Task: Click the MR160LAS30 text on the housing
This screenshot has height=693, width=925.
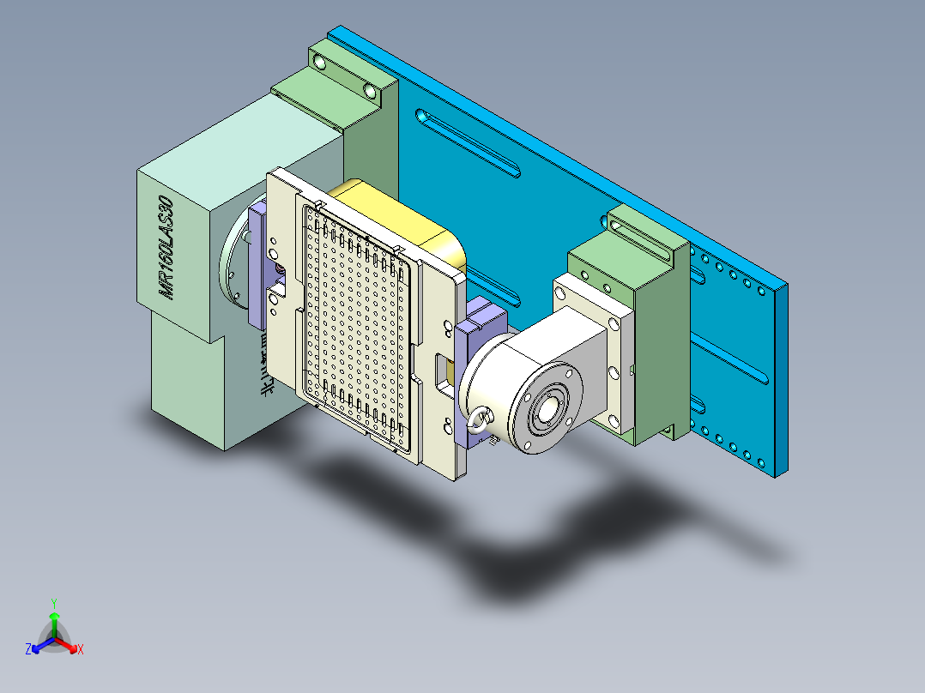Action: [x=166, y=249]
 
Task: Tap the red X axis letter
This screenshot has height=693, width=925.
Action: [x=80, y=650]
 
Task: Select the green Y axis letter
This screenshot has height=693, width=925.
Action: [x=53, y=603]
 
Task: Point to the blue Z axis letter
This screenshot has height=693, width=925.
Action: [x=28, y=650]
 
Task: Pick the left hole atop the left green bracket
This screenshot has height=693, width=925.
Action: [x=319, y=63]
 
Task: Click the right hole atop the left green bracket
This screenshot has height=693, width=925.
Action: [x=370, y=90]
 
